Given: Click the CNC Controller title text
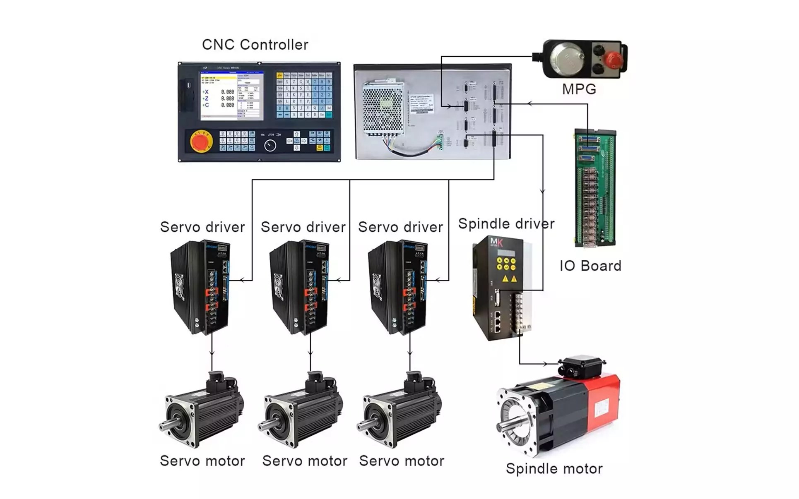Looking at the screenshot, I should [x=255, y=45].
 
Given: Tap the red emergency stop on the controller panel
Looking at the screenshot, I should [x=201, y=142].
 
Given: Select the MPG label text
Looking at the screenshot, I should [x=579, y=89].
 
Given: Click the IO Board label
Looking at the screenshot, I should [x=590, y=266].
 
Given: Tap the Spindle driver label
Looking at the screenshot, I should [x=506, y=224].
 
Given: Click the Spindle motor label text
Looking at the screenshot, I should [x=554, y=469].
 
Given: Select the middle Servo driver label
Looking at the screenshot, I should [x=303, y=227].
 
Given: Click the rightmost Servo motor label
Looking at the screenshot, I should [x=401, y=461].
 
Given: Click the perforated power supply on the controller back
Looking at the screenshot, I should [x=383, y=108].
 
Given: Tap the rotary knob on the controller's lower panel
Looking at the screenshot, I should [x=270, y=145].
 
